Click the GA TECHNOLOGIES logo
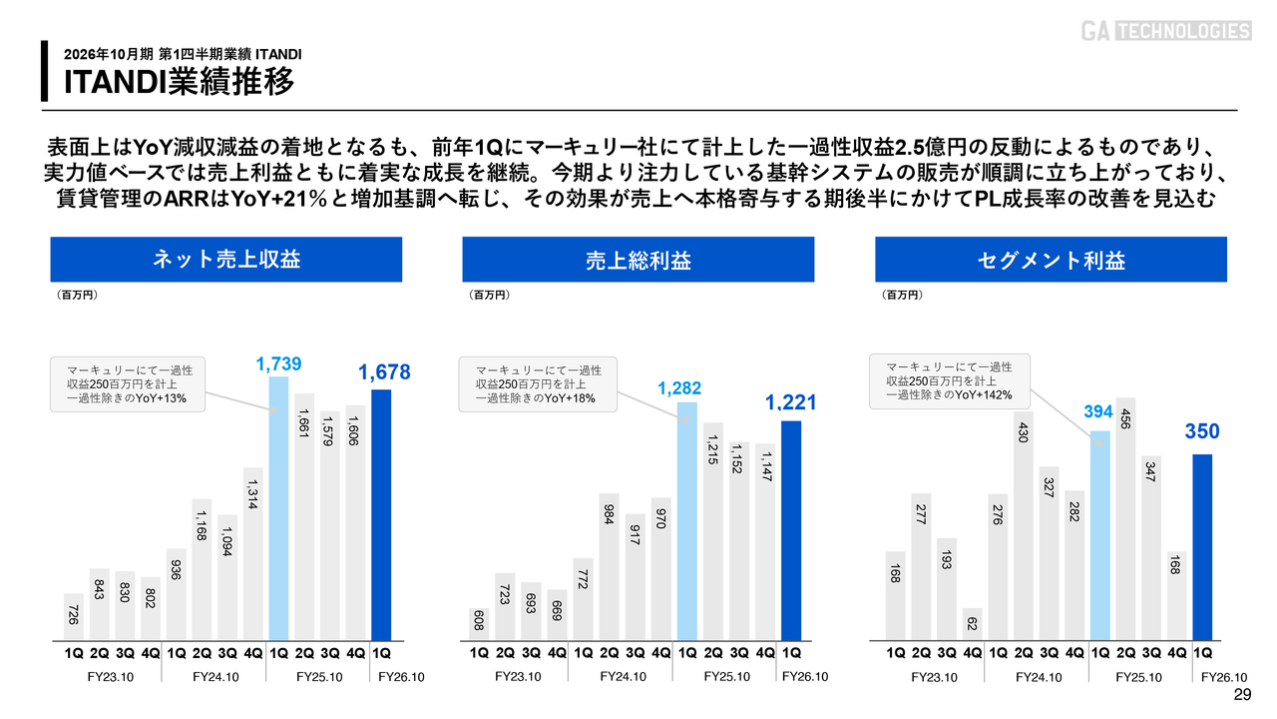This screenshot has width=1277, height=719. pos(1165,31)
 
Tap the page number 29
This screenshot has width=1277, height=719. pos(1242,695)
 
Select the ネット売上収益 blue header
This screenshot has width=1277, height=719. pos(226,260)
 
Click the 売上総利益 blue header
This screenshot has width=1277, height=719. pos(638,261)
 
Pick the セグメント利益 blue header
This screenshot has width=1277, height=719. pos(1052,261)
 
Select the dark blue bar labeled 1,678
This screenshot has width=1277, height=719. pos(381,514)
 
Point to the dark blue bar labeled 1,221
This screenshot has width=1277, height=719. pos(791,529)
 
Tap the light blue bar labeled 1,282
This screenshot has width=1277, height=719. pos(687,520)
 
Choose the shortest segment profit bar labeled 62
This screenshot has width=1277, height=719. pos(973,624)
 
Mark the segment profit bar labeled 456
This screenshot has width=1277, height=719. pos(1125,518)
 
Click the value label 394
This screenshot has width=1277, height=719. pos(1098,412)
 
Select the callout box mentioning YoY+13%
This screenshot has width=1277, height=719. pos(129,383)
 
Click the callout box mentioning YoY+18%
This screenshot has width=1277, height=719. pos(538,384)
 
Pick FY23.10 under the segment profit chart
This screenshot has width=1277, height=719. pos(934,677)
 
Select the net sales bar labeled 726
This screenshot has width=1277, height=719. pos(74,616)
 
